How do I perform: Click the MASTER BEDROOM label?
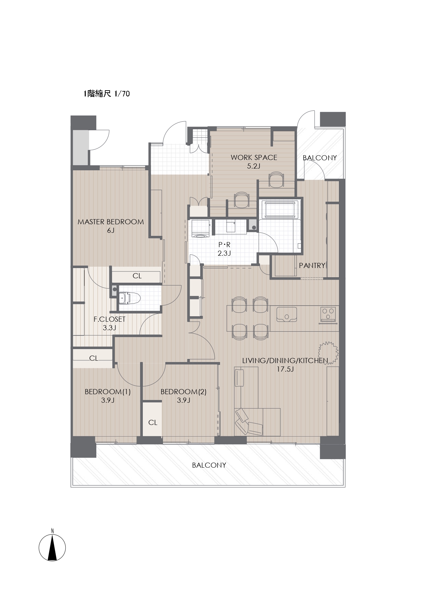(x=111, y=222)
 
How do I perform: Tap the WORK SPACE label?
(x=254, y=158)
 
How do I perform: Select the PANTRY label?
(x=312, y=265)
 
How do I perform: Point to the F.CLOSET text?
(x=110, y=319)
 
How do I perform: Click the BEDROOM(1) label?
(x=108, y=392)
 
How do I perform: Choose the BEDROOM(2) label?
(x=183, y=392)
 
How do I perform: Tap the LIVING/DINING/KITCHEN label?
(x=285, y=361)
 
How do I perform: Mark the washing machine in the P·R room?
(x=201, y=229)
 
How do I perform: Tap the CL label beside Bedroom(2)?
(x=153, y=423)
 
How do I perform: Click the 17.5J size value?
(x=285, y=369)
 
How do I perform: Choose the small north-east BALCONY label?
(x=320, y=158)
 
